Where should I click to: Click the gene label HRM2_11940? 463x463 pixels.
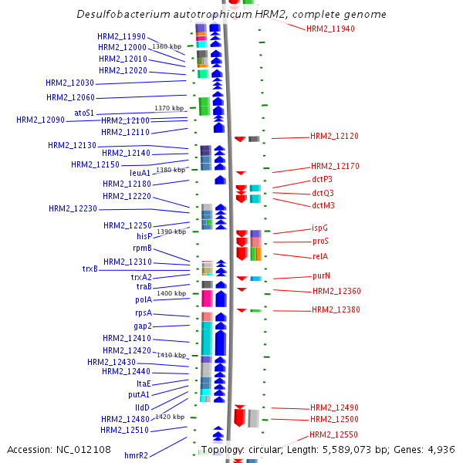pyautogui.click(x=330, y=29)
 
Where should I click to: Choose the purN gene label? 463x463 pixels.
pyautogui.click(x=322, y=275)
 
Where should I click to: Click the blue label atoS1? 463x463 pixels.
pyautogui.click(x=84, y=113)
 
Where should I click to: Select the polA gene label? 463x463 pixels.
pyautogui.click(x=144, y=299)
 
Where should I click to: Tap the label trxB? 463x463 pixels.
pyautogui.click(x=90, y=269)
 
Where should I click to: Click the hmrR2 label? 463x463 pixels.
pyautogui.click(x=136, y=455)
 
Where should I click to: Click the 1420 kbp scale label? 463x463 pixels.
pyautogui.click(x=170, y=417)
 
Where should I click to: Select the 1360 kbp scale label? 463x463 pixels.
pyautogui.click(x=167, y=46)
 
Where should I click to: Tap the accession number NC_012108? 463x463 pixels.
pyautogui.click(x=86, y=449)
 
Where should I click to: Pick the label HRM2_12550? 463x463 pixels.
pyautogui.click(x=333, y=434)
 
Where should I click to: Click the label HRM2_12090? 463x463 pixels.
pyautogui.click(x=40, y=120)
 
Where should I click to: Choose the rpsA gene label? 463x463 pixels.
pyautogui.click(x=143, y=313)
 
